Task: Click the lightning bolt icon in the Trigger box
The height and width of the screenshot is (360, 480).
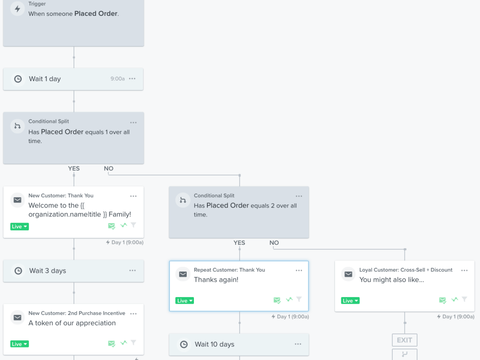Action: click(x=17, y=9)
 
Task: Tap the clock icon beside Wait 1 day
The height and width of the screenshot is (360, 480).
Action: click(x=18, y=79)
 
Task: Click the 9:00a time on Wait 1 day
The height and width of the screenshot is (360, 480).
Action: click(x=118, y=79)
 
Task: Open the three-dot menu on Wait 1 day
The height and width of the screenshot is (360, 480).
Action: click(x=132, y=79)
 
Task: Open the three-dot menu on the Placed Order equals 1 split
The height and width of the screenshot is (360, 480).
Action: click(x=133, y=122)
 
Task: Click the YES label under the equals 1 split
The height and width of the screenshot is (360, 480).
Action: click(x=74, y=168)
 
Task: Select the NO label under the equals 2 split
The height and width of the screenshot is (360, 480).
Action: click(x=274, y=243)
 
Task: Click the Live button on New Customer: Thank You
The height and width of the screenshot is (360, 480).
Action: click(x=19, y=227)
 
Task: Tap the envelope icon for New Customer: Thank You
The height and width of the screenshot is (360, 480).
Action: click(x=17, y=200)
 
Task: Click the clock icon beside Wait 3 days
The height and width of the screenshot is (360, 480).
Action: click(x=18, y=271)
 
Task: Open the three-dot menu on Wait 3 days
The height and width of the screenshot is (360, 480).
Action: click(x=132, y=270)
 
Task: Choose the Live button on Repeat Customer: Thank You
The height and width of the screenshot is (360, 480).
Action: click(x=185, y=300)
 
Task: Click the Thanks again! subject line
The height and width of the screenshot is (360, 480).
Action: click(x=216, y=280)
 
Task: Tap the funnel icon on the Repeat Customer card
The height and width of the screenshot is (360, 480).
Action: click(x=299, y=299)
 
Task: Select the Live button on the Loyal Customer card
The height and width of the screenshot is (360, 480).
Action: click(x=350, y=300)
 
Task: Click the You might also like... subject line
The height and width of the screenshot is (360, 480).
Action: click(x=392, y=280)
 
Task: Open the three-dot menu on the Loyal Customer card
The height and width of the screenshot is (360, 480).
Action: click(x=464, y=270)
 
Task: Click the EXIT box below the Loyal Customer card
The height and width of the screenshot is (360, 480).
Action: click(x=404, y=340)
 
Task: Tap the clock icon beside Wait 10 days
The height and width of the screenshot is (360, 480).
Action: click(x=184, y=344)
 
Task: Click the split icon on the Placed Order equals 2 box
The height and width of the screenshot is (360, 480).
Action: click(x=183, y=200)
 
